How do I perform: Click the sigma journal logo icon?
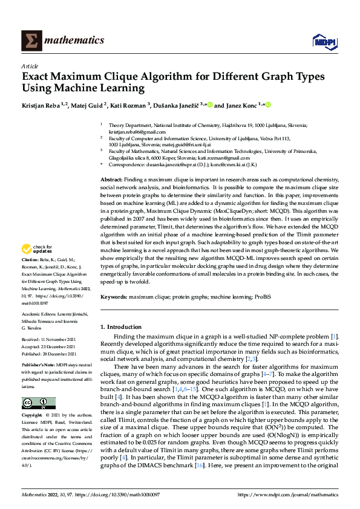tap(31, 40)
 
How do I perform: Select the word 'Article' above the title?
tap(30, 66)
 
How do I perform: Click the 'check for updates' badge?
tap(38, 248)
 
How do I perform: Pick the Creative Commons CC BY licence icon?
tap(38, 403)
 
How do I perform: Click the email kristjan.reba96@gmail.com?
tap(136, 132)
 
